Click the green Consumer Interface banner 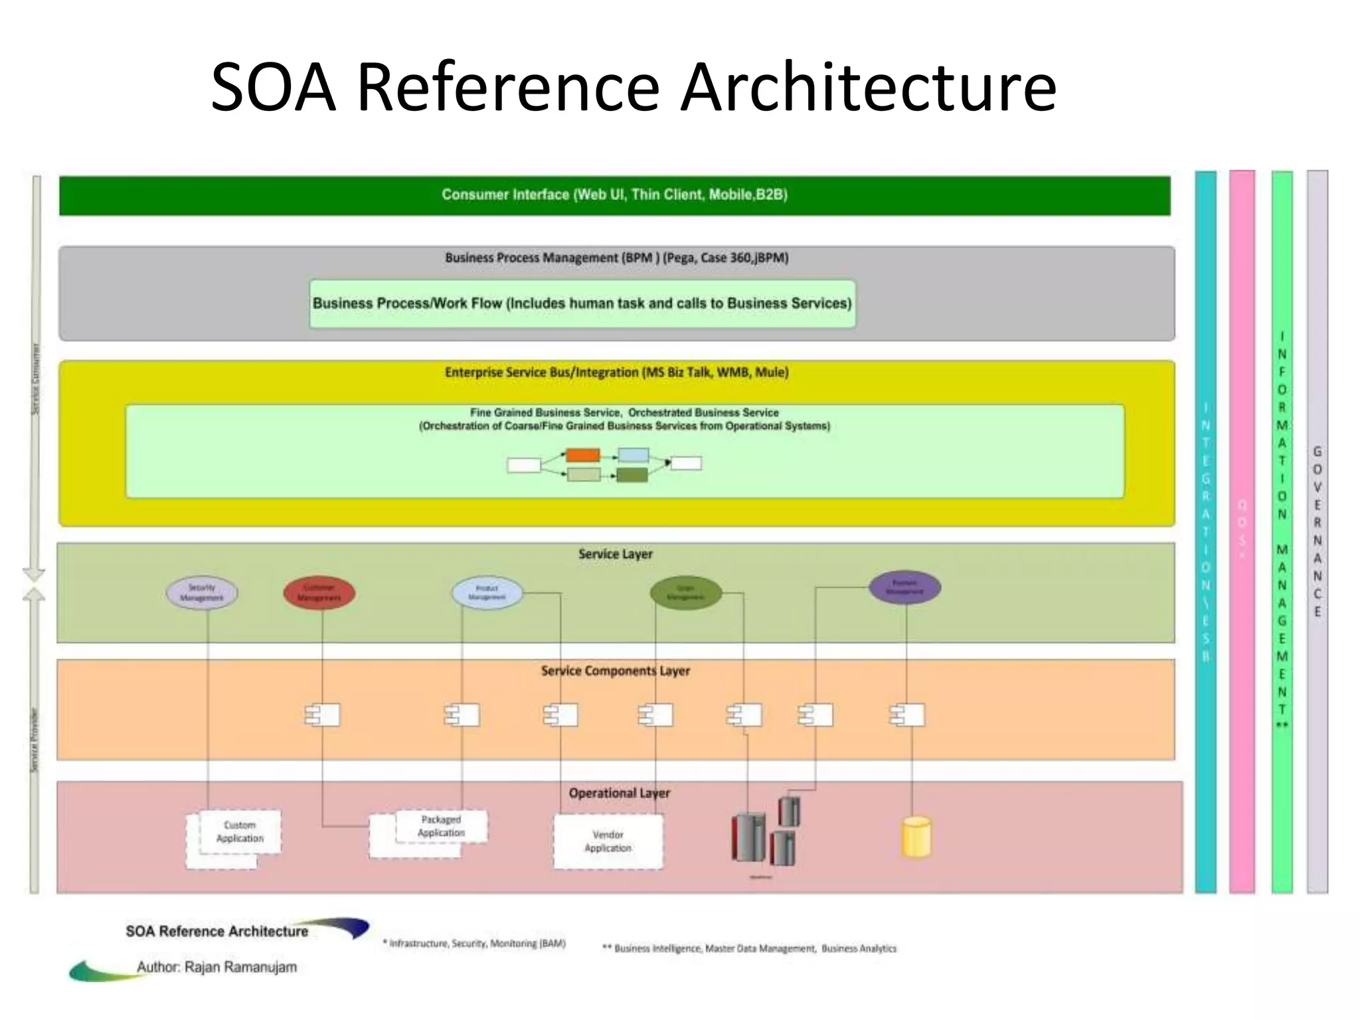point(614,195)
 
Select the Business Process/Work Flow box point(582,303)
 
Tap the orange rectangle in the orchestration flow point(582,456)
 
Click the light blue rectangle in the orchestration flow point(633,456)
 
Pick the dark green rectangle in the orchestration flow point(632,475)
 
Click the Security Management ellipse point(202,592)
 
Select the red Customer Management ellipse point(319,592)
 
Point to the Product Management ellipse point(487,592)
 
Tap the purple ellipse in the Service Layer point(904,588)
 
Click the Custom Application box point(240,831)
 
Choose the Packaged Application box point(441,826)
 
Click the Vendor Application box point(608,841)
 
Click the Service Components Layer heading point(615,671)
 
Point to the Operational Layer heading point(619,793)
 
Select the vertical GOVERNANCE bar point(1317,531)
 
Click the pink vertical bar point(1242,531)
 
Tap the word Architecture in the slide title point(869,88)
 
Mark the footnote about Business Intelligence point(749,948)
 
